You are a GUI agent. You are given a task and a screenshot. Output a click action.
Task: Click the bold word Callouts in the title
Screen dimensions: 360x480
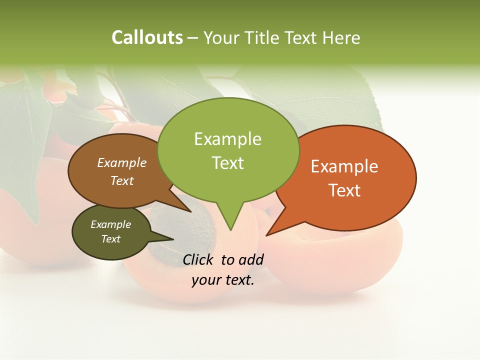click(147, 37)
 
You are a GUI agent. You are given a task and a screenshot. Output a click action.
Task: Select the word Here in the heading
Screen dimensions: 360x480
click(342, 37)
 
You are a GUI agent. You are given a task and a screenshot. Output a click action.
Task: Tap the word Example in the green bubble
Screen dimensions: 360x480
click(227, 139)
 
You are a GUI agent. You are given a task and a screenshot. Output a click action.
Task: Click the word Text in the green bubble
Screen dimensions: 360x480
click(227, 163)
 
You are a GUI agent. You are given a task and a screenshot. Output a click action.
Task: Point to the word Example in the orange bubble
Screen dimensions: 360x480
click(344, 166)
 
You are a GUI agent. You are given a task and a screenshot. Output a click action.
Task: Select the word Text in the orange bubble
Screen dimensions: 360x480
click(344, 190)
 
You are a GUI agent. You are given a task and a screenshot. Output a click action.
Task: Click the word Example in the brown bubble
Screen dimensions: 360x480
click(122, 162)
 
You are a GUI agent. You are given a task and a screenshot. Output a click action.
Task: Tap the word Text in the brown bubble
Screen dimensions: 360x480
click(122, 180)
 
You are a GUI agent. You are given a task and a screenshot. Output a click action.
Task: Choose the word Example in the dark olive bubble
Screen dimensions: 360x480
click(110, 224)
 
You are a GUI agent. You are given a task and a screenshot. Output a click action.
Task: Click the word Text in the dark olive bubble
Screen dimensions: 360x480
click(110, 239)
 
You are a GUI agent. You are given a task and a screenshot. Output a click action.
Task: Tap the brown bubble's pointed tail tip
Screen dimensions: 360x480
click(190, 211)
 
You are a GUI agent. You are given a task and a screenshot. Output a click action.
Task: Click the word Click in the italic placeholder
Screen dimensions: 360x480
click(198, 259)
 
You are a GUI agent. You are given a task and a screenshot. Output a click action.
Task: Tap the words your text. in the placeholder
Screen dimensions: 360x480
click(223, 280)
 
